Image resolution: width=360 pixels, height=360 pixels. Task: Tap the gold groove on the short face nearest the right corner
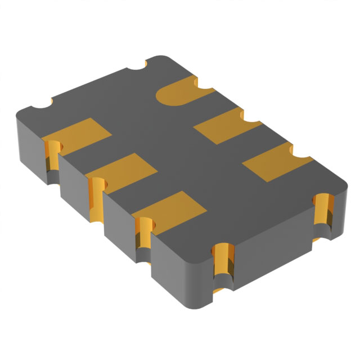[323, 217]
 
